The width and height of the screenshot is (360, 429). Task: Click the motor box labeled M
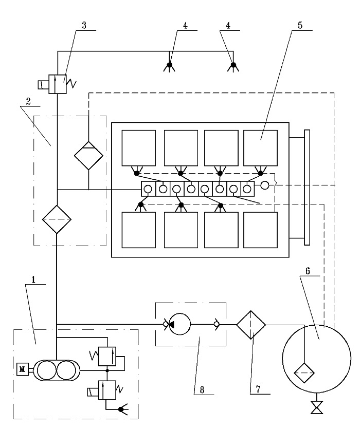tap(23, 369)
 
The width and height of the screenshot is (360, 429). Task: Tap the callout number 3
tap(84, 25)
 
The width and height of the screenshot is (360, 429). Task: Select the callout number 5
tap(300, 25)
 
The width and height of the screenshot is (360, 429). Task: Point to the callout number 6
tap(308, 271)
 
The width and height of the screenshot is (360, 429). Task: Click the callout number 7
tap(258, 388)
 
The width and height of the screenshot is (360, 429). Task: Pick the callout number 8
tap(202, 389)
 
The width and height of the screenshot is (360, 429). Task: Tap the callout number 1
tap(33, 279)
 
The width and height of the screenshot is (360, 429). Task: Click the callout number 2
tap(28, 101)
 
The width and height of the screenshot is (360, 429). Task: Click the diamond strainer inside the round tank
tap(304, 372)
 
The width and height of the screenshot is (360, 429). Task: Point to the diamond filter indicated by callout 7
tap(251, 325)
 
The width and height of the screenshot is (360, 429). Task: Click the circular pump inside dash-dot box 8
tap(179, 324)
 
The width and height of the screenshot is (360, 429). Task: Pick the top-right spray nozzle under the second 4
tap(233, 66)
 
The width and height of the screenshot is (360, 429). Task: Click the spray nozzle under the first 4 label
tap(169, 66)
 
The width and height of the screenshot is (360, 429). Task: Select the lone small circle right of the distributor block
tap(265, 185)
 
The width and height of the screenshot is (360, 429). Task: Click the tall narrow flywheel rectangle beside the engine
tap(307, 188)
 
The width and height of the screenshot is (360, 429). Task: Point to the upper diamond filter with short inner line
tap(88, 156)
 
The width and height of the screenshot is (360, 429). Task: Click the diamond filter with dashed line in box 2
tap(57, 219)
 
